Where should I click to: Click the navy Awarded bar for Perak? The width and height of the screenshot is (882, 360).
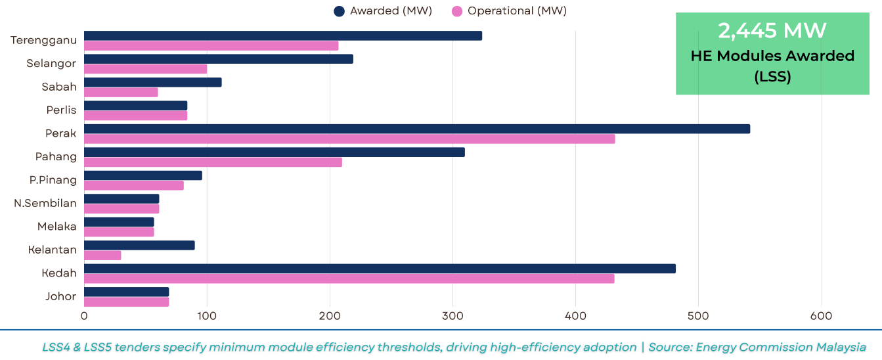click(x=417, y=129)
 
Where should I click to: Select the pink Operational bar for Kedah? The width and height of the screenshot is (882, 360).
click(x=349, y=279)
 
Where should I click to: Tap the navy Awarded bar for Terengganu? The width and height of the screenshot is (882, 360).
click(x=283, y=35)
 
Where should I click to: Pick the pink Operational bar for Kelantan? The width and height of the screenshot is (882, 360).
click(x=102, y=255)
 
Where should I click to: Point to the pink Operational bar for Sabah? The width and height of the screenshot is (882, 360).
click(x=121, y=92)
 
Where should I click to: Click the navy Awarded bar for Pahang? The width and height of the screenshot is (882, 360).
click(x=275, y=152)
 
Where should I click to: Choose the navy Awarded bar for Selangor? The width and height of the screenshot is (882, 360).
click(x=219, y=59)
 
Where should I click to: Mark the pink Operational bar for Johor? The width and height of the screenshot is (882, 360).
click(x=126, y=302)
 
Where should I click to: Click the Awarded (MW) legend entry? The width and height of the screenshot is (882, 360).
click(x=383, y=11)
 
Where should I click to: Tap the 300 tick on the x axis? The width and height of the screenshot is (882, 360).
click(x=452, y=316)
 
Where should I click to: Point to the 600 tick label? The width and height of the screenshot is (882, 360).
click(x=821, y=316)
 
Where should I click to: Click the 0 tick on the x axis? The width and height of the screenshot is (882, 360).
click(x=84, y=316)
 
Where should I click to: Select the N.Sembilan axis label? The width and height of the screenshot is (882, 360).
click(x=45, y=203)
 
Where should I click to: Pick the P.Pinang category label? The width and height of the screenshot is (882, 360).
click(x=53, y=180)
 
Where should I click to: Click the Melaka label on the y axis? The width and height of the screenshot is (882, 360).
click(x=57, y=227)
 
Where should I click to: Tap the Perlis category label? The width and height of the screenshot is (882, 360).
click(x=61, y=110)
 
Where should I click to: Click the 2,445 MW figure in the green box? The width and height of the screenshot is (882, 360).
click(x=772, y=31)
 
